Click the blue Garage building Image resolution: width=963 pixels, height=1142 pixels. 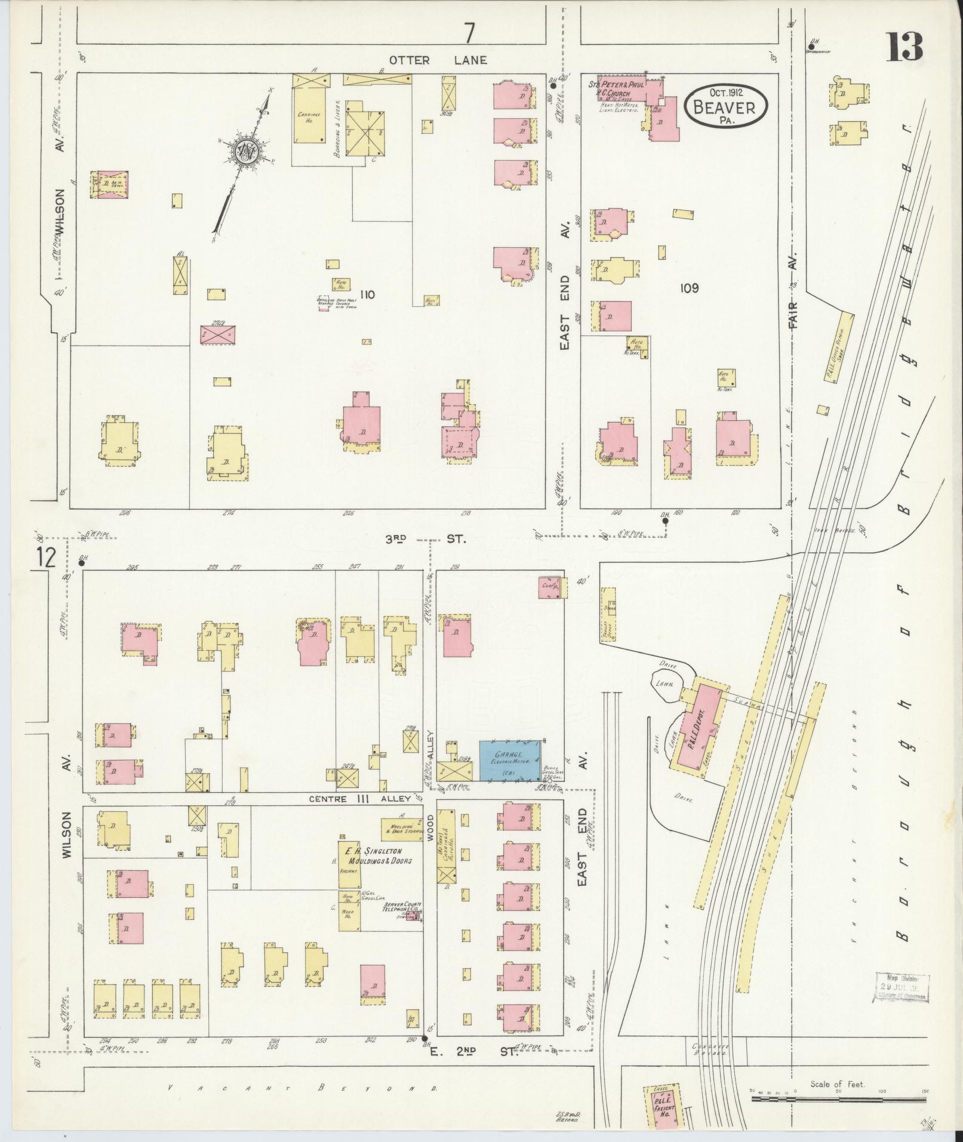(x=511, y=760)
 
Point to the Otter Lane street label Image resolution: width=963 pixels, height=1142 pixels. (x=438, y=60)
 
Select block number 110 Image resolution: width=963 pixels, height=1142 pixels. (x=367, y=294)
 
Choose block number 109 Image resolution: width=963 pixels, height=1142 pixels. (x=689, y=288)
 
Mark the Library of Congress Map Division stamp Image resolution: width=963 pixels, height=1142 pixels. (x=902, y=988)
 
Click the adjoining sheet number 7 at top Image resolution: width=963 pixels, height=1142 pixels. (x=470, y=33)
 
